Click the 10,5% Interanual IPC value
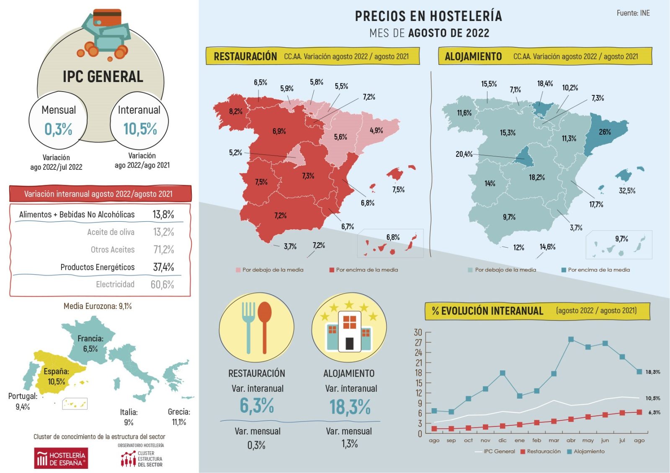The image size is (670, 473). tap(140, 129)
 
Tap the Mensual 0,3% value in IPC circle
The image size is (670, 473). tap(58, 129)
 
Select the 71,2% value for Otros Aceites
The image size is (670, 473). tap(163, 250)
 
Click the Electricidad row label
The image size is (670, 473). tap(115, 284)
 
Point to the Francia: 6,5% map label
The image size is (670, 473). tap(90, 343)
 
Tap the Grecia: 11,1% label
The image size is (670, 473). tap(179, 417)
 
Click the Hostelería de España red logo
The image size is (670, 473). tap(61, 458)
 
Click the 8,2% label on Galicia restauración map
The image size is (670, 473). tap(236, 111)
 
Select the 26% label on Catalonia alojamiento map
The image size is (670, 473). tap(605, 132)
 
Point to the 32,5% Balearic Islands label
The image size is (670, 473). tap(627, 191)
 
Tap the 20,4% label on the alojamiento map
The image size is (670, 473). tap(464, 154)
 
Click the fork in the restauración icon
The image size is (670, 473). tap(248, 326)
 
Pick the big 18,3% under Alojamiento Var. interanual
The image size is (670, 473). tap(350, 407)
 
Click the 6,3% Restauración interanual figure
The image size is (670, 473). tap(257, 405)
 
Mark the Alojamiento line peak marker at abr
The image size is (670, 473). tap(571, 340)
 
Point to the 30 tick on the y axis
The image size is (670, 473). tap(418, 332)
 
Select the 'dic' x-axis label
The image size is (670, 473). tap(502, 440)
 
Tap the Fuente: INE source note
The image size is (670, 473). tap(633, 13)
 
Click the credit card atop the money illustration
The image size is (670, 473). tap(107, 18)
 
